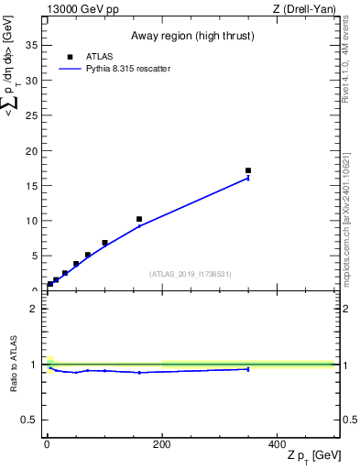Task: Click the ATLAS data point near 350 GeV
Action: click(x=248, y=170)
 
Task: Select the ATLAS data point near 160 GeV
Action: click(x=139, y=219)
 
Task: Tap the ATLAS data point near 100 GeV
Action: click(x=104, y=243)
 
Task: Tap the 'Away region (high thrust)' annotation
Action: click(x=191, y=38)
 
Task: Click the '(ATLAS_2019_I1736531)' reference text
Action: click(x=191, y=274)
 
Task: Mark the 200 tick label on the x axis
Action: click(x=162, y=443)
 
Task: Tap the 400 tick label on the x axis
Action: click(x=277, y=443)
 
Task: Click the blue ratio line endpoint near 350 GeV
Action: click(x=248, y=369)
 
